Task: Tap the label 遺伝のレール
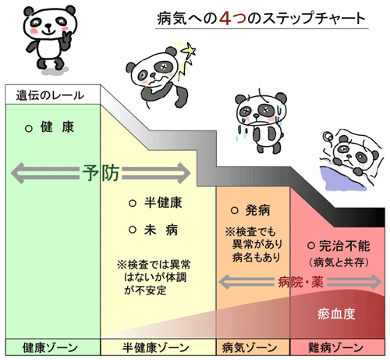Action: click(x=50, y=95)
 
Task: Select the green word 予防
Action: click(x=101, y=173)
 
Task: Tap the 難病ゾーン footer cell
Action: click(x=338, y=348)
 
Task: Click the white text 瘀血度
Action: click(x=336, y=314)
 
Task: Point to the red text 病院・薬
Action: click(x=300, y=282)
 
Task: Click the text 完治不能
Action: click(x=344, y=246)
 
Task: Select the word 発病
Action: click(x=258, y=210)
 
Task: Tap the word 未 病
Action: click(x=161, y=230)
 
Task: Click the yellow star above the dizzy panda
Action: click(x=189, y=49)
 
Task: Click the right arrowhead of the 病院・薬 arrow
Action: click(x=376, y=282)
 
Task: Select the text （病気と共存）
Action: click(x=339, y=262)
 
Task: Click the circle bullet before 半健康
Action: click(x=133, y=203)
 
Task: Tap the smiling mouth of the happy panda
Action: click(x=49, y=32)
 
